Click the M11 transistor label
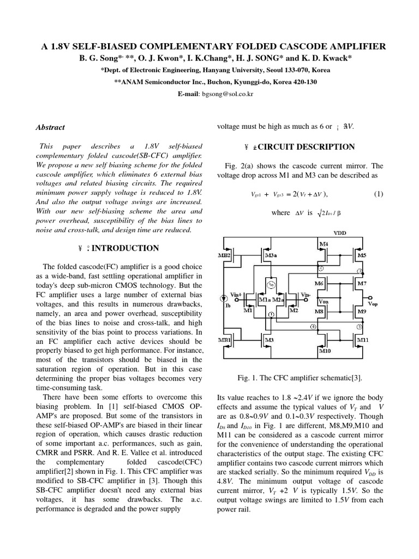click(362, 340)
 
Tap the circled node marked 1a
click(271, 284)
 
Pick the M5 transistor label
click(361, 255)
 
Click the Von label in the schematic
click(323, 300)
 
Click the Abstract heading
click(50, 127)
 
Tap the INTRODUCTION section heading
click(125, 248)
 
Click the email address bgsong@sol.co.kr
click(222, 94)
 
